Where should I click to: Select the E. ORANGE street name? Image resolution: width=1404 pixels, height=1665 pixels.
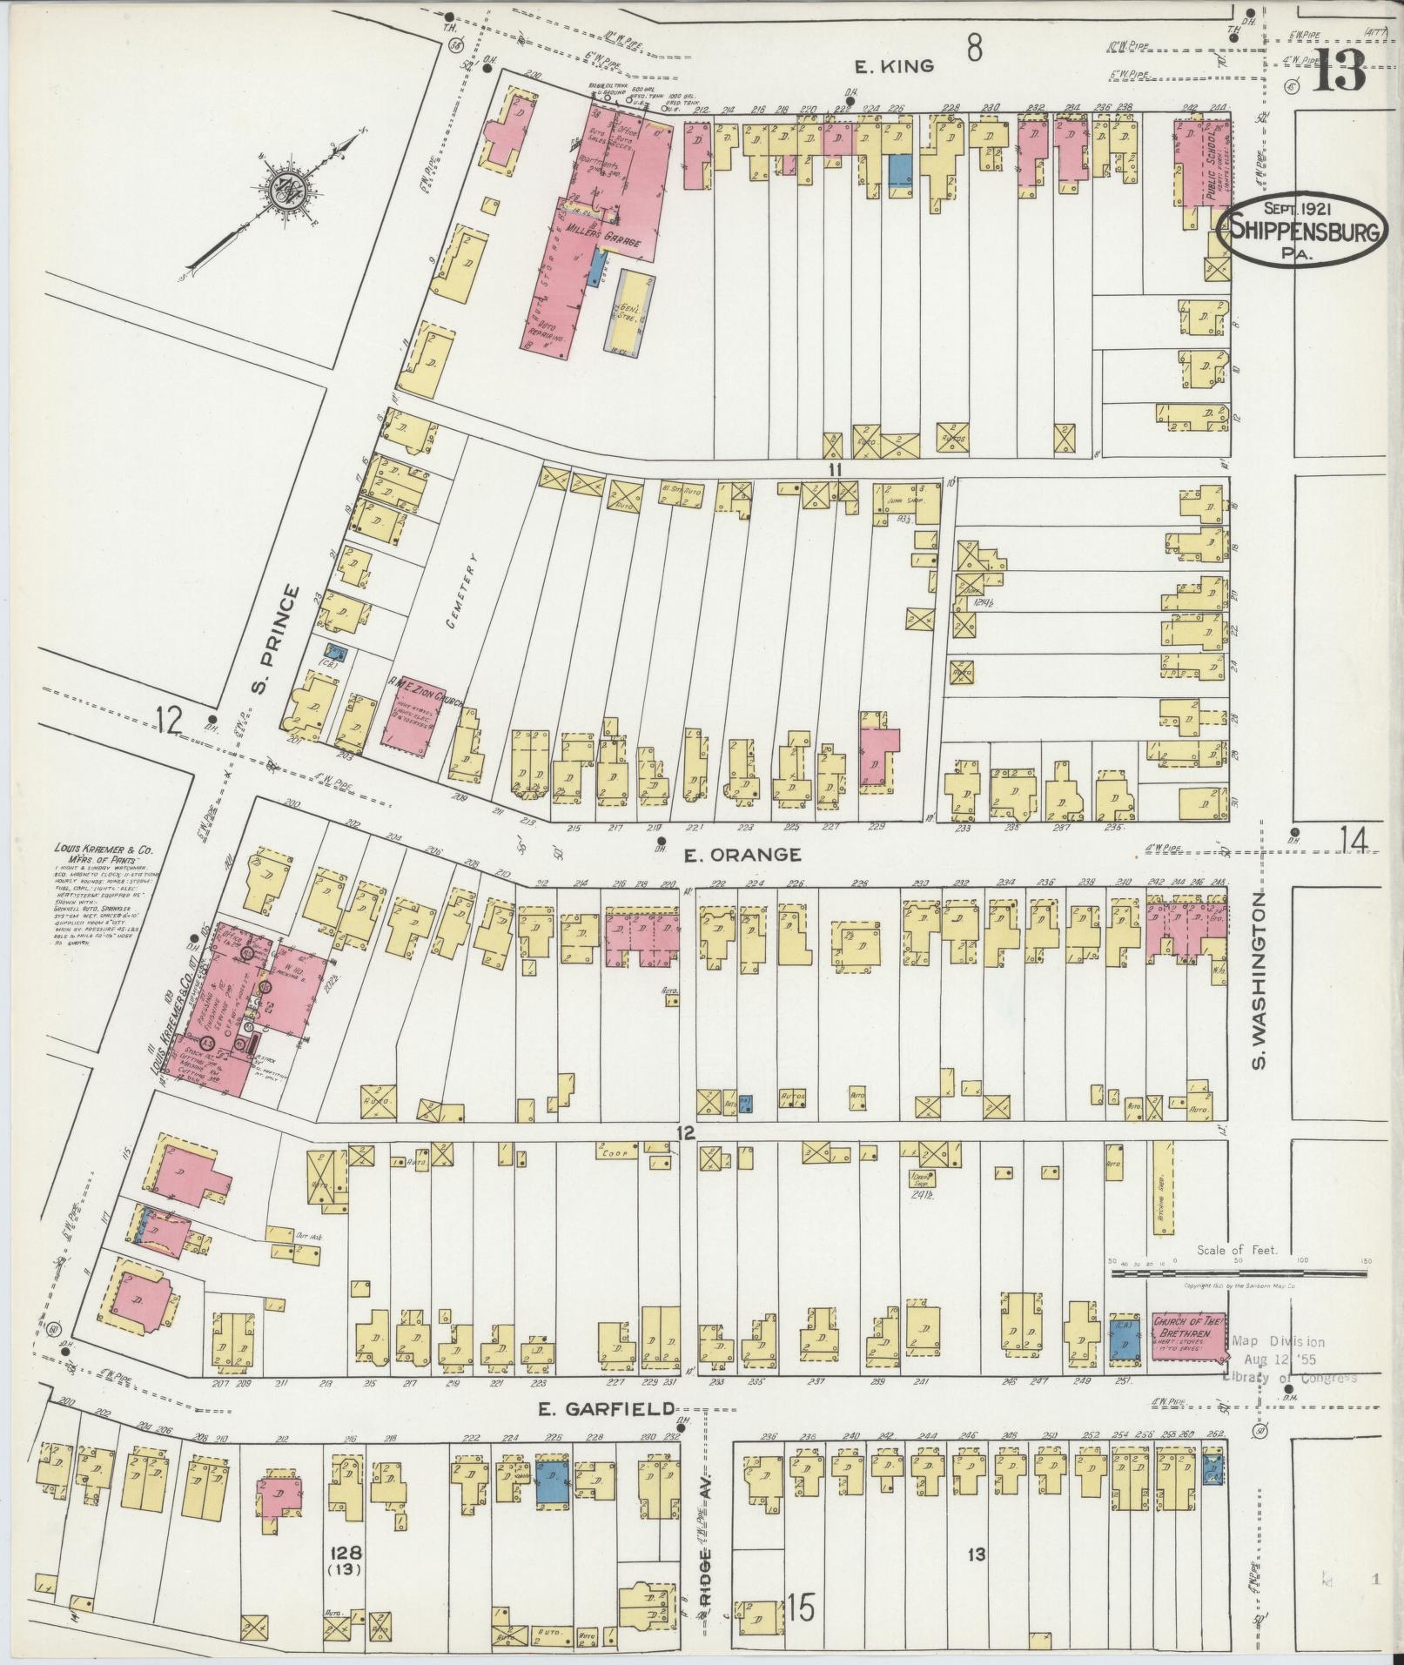(x=742, y=854)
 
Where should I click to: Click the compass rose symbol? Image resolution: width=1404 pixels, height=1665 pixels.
(x=284, y=197)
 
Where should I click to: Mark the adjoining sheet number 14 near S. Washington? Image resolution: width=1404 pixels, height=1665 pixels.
(x=1354, y=842)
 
